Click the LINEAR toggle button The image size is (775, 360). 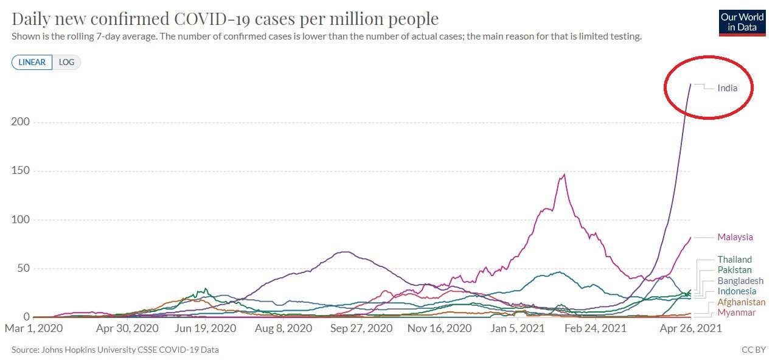(32, 62)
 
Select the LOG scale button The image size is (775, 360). (66, 62)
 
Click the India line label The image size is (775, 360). (727, 88)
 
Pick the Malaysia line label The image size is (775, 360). (735, 237)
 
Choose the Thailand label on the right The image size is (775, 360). (734, 260)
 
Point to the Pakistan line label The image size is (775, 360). (734, 270)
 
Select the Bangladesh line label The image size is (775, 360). (740, 281)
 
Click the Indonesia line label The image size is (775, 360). (737, 291)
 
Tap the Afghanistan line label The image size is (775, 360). (741, 302)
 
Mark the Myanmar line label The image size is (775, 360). (736, 313)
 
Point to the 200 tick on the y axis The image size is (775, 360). (21, 122)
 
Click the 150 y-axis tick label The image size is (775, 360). (21, 171)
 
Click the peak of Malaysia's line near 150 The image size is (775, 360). (565, 175)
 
